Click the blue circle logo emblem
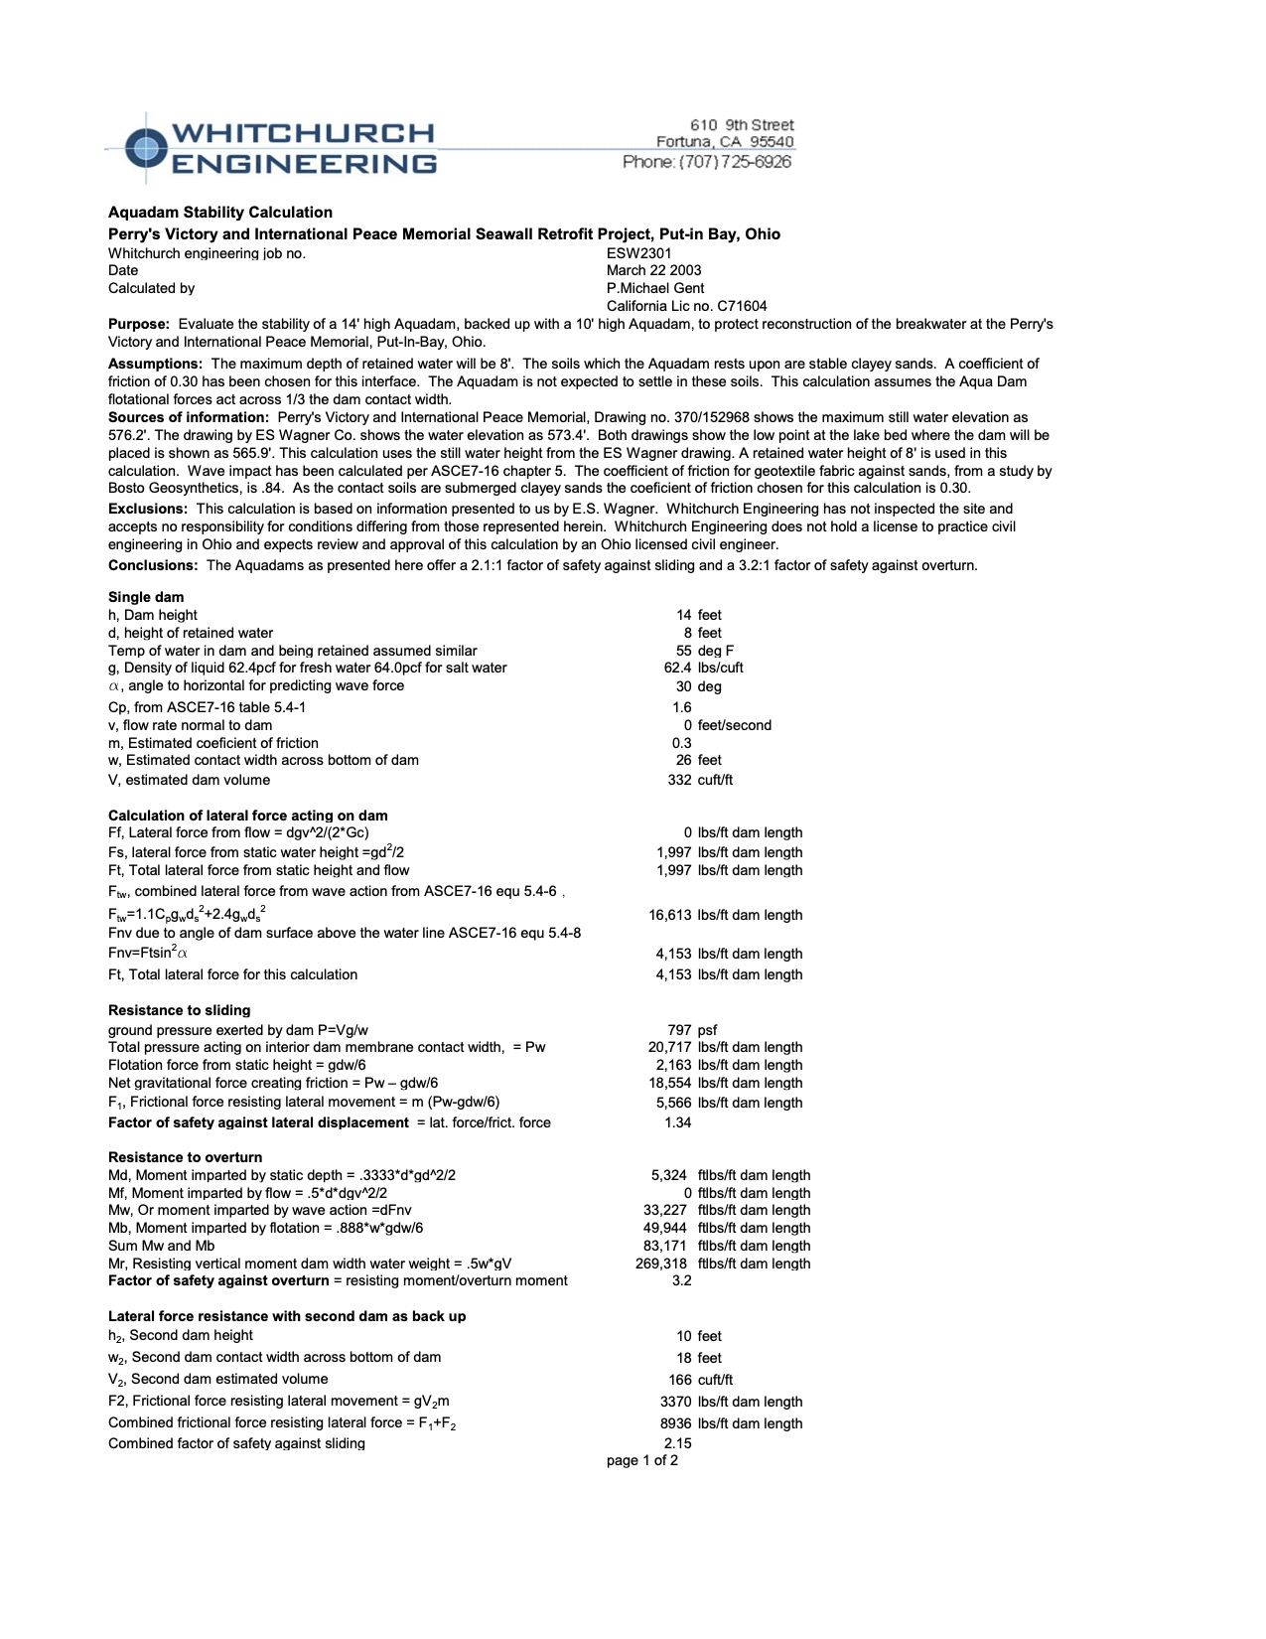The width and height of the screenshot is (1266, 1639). point(146,148)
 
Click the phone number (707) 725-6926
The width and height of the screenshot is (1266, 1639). point(707,162)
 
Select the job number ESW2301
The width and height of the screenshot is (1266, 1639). point(638,253)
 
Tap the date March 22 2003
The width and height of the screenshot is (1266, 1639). point(653,270)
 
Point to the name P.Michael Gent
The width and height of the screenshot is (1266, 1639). point(654,288)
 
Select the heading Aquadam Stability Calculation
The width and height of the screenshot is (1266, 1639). point(220,213)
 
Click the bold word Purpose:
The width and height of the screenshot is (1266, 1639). point(139,325)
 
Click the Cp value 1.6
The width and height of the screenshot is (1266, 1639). point(681,708)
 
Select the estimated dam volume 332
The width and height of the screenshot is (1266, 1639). point(679,781)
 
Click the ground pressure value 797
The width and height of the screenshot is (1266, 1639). point(679,1031)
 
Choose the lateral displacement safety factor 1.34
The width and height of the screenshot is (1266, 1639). point(677,1123)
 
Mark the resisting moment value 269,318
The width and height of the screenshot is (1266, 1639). point(660,1265)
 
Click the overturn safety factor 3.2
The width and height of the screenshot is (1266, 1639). point(681,1281)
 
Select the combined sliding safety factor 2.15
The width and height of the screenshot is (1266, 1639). point(677,1444)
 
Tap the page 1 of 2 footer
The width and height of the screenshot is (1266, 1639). point(642,1461)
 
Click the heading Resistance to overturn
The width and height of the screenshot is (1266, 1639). point(186,1158)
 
